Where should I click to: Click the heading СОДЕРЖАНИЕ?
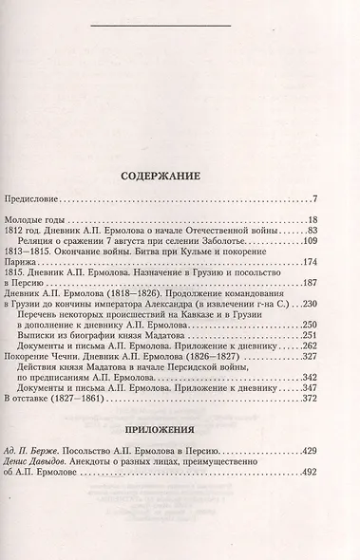pyautogui.click(x=180, y=176)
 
